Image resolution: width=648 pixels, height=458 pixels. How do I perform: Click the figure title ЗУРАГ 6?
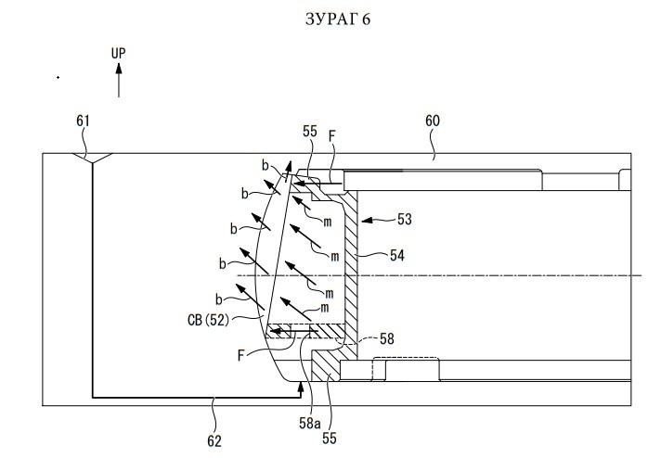[x=338, y=19]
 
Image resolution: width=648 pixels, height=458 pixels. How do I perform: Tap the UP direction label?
[x=118, y=53]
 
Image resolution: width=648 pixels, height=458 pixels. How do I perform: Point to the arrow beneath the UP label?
[x=119, y=80]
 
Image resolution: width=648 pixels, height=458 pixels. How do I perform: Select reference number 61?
[x=83, y=121]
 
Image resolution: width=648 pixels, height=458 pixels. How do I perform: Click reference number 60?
[x=433, y=121]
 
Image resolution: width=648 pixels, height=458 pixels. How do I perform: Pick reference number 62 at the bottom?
[x=214, y=441]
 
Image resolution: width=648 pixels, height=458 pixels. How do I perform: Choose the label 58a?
[x=309, y=424]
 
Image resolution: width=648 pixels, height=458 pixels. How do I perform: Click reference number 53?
[x=405, y=219]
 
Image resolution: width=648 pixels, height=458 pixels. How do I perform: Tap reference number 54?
[x=397, y=255]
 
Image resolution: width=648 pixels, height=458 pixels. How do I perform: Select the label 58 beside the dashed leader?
[x=387, y=338]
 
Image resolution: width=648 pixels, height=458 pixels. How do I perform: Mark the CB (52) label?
[x=208, y=320]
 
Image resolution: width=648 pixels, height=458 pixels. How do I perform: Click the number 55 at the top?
[x=310, y=132]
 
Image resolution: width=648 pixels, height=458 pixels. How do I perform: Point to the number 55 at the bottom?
[x=330, y=439]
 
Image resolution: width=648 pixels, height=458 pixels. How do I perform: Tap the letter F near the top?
[x=331, y=136]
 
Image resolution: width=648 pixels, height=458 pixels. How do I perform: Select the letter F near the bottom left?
[x=241, y=356]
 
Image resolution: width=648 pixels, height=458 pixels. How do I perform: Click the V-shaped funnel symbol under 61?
[x=93, y=158]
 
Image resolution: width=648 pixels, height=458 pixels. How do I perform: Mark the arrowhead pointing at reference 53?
[x=368, y=221]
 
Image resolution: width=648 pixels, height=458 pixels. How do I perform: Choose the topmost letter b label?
[x=266, y=165]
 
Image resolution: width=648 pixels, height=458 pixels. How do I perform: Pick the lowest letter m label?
[x=325, y=308]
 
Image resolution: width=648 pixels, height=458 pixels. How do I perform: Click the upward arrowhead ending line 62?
[x=301, y=387]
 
